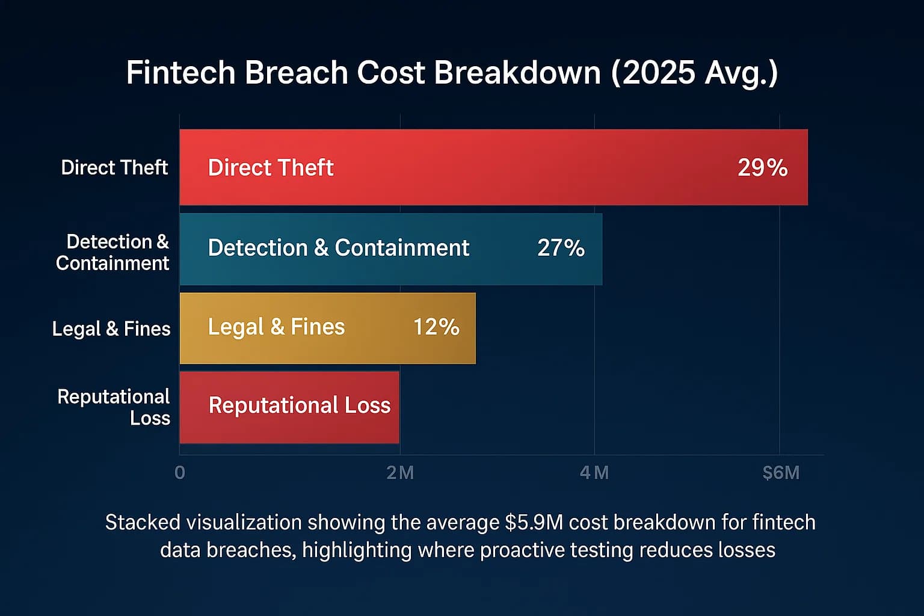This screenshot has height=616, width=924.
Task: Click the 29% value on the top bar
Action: pos(762,168)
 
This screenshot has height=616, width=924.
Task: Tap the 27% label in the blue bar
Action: pos(561,248)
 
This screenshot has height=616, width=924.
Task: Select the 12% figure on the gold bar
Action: pos(436,327)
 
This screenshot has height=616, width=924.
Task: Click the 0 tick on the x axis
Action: pos(179,473)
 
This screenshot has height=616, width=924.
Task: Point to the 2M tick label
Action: pos(400,473)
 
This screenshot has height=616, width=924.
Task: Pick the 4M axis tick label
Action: pos(594,473)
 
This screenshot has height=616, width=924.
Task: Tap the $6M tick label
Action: pos(781,473)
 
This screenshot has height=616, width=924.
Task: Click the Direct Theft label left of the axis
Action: pos(114,167)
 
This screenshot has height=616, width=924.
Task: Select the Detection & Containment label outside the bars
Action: pos(113,253)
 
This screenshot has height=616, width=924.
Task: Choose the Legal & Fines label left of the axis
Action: pos(111,329)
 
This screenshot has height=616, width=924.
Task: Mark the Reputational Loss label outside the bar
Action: pos(114,407)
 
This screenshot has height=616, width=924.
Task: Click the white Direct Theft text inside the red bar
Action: pos(271,168)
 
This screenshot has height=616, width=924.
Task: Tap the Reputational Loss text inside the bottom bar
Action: pos(300,405)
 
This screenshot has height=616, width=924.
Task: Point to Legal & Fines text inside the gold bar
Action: pos(276,327)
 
